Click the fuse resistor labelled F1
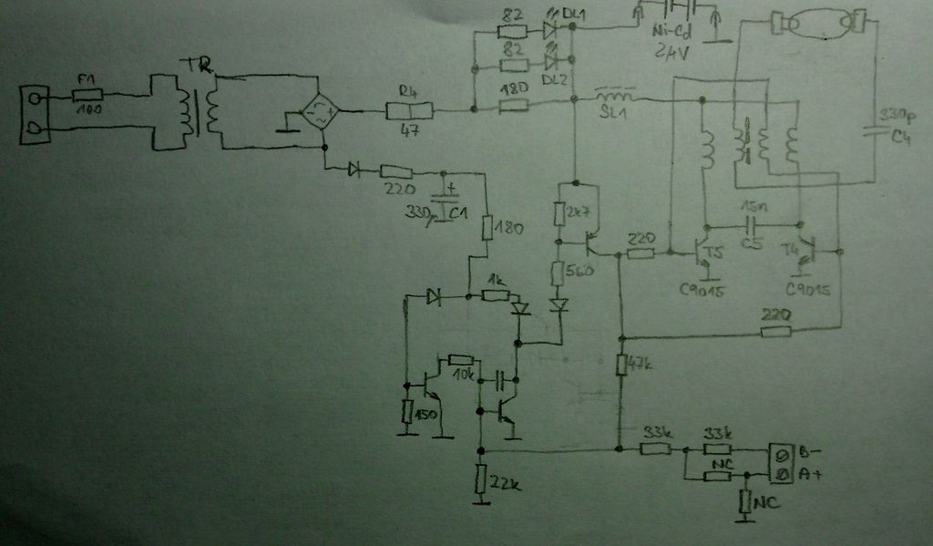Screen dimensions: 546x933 87,94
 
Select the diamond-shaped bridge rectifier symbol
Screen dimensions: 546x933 321,112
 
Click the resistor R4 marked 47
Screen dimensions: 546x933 409,111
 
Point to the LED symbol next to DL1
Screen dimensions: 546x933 549,29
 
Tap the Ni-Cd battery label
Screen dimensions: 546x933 670,35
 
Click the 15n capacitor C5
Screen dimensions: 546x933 752,223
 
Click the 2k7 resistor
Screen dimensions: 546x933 561,213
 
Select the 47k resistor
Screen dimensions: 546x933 620,365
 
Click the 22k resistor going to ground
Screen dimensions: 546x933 481,478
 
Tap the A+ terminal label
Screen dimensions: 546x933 808,474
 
